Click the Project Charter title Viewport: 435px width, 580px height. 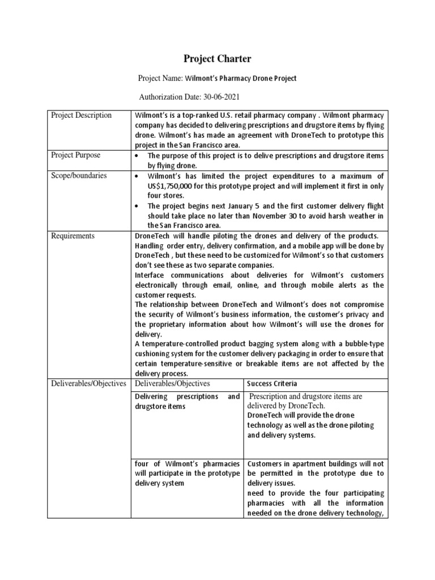click(217, 59)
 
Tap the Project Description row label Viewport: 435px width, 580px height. click(82, 115)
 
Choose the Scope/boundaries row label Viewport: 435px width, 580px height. click(79, 176)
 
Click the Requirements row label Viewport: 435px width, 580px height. click(73, 236)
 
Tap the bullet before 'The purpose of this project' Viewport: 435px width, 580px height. click(138, 156)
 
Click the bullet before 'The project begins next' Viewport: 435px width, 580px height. click(138, 207)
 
